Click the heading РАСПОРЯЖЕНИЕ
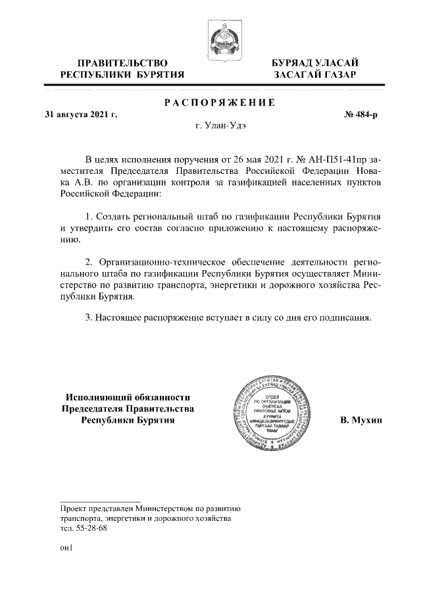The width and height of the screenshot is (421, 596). tap(218, 103)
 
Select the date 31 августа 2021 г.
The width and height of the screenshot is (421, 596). tap(80, 115)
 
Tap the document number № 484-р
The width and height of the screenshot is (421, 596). tap(361, 115)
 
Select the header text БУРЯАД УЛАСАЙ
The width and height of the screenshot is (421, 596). tap(315, 63)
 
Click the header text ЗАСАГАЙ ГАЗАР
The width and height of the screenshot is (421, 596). tap(315, 75)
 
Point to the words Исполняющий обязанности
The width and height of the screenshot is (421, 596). tap(128, 396)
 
